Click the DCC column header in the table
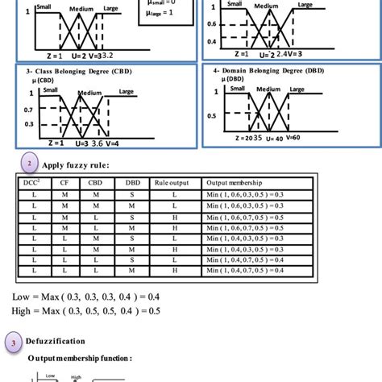coord(33,182)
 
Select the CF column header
coord(64,182)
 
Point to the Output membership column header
coord(234,182)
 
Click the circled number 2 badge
coord(29,165)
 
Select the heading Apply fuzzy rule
coord(74,166)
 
